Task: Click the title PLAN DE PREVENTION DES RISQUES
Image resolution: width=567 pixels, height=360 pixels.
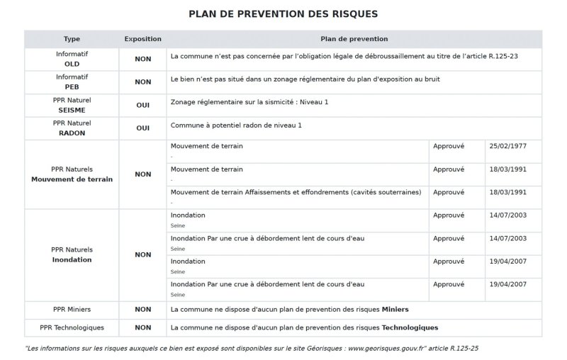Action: (283, 13)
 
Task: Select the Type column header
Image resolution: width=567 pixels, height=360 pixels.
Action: (72, 39)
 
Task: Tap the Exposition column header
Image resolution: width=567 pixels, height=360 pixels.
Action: (142, 39)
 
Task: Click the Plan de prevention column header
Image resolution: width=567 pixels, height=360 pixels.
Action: (354, 39)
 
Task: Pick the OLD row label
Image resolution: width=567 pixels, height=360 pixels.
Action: (72, 64)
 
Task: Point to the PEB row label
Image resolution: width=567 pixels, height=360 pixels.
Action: (72, 87)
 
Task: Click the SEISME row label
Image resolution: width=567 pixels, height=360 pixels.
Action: (72, 111)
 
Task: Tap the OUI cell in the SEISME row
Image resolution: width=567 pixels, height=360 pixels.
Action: (142, 106)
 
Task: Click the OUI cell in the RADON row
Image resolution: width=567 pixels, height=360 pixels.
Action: (142, 129)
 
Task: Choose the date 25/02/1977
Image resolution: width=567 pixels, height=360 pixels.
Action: (507, 146)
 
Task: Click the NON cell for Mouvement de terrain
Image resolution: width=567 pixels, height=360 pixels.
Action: (142, 174)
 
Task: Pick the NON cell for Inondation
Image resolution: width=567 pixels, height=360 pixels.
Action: (142, 254)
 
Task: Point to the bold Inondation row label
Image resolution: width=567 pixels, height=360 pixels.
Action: (72, 260)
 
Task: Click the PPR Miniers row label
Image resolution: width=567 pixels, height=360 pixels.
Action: (72, 310)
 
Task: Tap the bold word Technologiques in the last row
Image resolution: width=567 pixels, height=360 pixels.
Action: (410, 327)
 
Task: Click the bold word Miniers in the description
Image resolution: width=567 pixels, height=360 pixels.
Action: (395, 310)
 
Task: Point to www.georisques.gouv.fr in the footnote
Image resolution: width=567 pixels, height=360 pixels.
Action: (387, 349)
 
